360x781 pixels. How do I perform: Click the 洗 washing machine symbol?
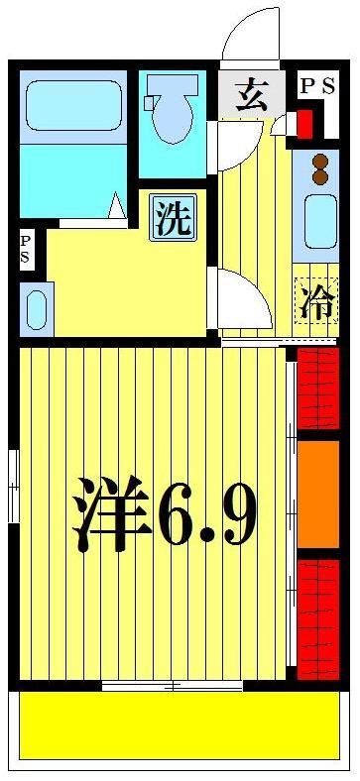pyautogui.click(x=173, y=218)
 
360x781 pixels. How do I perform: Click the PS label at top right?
pyautogui.click(x=318, y=86)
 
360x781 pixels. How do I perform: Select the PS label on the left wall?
pyautogui.click(x=25, y=249)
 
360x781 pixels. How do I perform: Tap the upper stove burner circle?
pyautogui.click(x=320, y=161)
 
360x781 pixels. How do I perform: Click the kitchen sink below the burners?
pyautogui.click(x=319, y=222)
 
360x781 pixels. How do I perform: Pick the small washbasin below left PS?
pyautogui.click(x=35, y=308)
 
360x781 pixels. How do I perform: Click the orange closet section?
pyautogui.click(x=317, y=493)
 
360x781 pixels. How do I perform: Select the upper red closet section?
pyautogui.click(x=317, y=388)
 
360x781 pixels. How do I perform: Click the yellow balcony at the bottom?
pyautogui.click(x=179, y=725)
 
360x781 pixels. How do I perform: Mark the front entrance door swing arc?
pyautogui.click(x=248, y=35)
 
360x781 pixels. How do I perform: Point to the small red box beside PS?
pyautogui.click(x=304, y=124)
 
